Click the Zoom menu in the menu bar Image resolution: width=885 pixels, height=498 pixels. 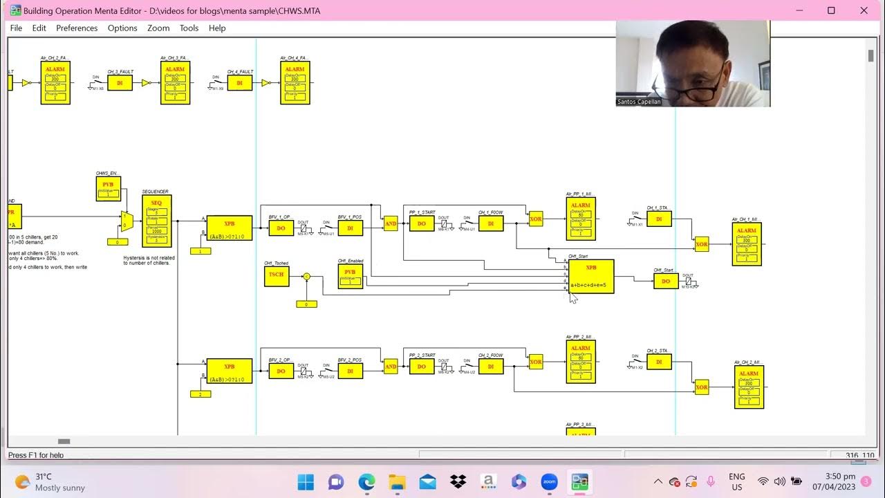pos(158,28)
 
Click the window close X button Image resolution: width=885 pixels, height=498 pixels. pos(864,10)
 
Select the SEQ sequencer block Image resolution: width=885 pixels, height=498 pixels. pos(156,221)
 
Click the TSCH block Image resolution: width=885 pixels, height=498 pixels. pos(276,276)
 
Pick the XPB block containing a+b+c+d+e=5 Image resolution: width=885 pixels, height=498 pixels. pos(590,276)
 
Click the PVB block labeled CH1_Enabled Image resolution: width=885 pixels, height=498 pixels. pos(350,276)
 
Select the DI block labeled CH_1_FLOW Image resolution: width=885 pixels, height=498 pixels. pos(491,223)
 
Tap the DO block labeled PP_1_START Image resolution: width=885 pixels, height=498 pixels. pos(422,223)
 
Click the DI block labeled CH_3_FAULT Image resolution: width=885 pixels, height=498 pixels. pos(120,83)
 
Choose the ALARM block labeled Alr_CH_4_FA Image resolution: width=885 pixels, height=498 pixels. pos(295,83)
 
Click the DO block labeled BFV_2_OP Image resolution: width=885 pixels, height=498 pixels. pos(281,371)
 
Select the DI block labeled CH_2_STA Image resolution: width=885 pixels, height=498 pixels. pos(659,362)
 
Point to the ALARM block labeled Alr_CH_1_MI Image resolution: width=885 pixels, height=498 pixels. pos(746,243)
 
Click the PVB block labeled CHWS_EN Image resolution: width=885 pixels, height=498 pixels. pos(108,188)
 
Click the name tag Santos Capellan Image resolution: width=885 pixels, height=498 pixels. pos(639,102)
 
